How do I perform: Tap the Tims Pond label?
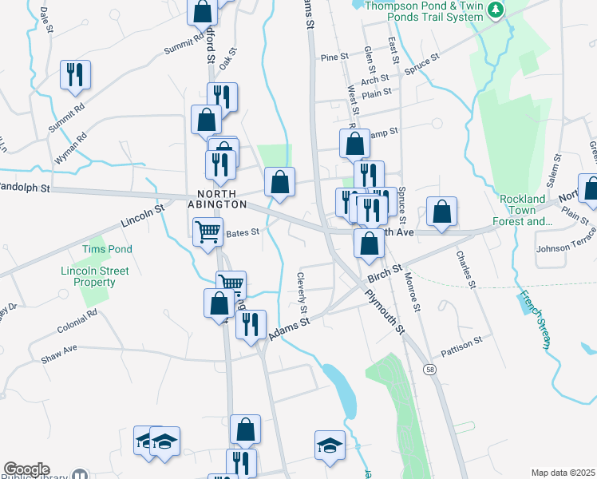[107, 249]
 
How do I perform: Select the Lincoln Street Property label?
[94, 276]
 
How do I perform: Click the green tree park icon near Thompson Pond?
[497, 10]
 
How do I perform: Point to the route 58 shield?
[430, 370]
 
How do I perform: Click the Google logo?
[26, 469]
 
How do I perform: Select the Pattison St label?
[462, 341]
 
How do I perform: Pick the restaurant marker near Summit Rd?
[76, 74]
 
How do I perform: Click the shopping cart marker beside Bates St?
[208, 232]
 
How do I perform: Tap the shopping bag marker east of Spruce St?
[441, 212]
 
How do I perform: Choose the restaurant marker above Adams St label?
[251, 324]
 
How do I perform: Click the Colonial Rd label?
[77, 327]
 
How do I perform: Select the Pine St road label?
[334, 57]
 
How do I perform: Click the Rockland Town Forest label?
[524, 210]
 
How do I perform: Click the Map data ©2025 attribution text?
[563, 473]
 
